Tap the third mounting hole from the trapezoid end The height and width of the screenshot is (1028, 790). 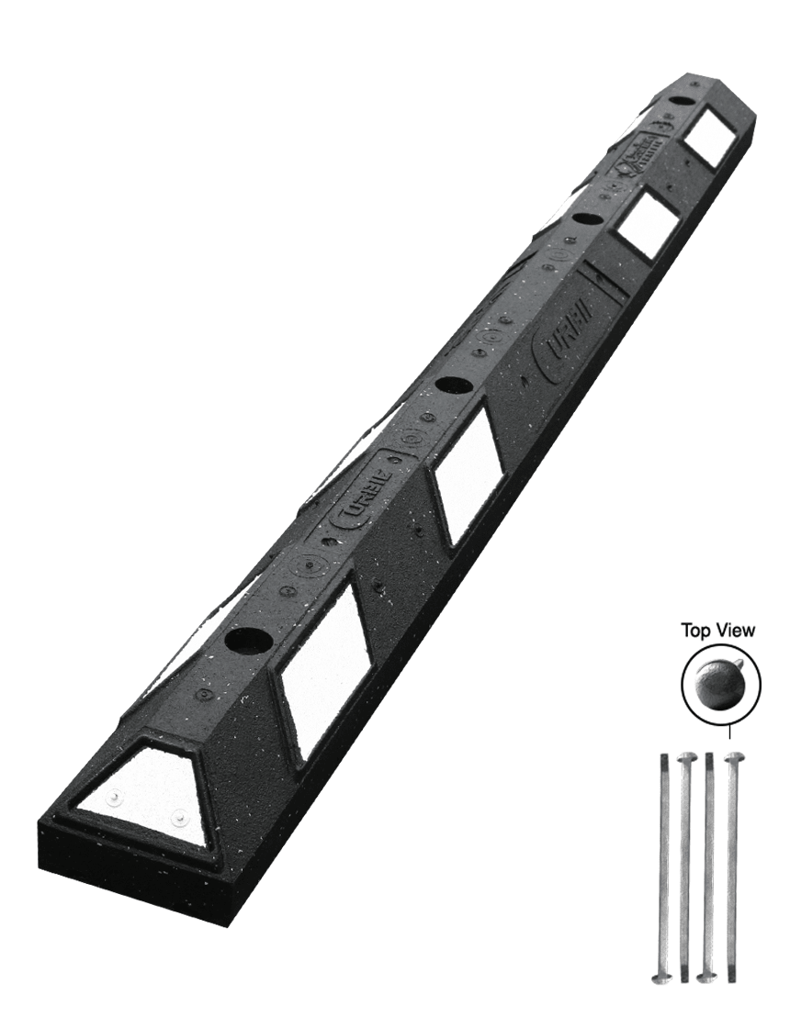click(x=583, y=219)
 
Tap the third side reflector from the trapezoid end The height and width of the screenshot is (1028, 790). click(x=646, y=223)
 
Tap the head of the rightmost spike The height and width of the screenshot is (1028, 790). click(x=734, y=756)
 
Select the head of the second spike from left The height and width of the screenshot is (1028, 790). click(x=685, y=757)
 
